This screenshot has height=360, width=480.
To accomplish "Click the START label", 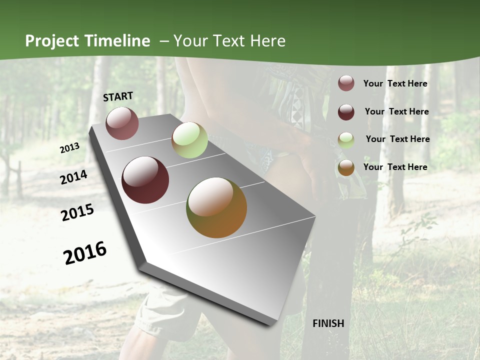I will pos(118,96).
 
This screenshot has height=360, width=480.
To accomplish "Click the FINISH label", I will pos(328,323).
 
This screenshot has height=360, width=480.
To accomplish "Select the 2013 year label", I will pos(69,148).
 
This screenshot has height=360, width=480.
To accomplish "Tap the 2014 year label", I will pos(73,177).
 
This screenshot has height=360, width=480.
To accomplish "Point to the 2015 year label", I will pos(77,212).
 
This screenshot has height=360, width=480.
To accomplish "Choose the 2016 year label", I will pos(85,253).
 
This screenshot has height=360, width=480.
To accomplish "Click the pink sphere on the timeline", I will pos(122,123).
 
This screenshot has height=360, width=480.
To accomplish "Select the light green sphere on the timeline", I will pos(189,140).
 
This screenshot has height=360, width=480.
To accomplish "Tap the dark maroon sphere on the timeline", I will pos(145,180).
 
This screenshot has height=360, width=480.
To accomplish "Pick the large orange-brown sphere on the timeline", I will pos(216,207).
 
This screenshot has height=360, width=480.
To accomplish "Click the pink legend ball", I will pos(346,83).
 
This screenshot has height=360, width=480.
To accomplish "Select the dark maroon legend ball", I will pos(346,111).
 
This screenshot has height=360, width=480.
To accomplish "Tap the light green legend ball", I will pos(346,139).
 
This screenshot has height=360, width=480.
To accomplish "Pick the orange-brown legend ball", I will pos(346,167).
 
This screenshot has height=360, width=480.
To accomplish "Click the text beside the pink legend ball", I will pos(395,83).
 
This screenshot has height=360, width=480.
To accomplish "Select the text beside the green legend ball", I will pos(397,139).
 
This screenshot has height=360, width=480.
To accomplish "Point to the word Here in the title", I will pos(268,41).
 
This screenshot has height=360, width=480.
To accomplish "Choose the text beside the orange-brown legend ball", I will pos(395,167).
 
